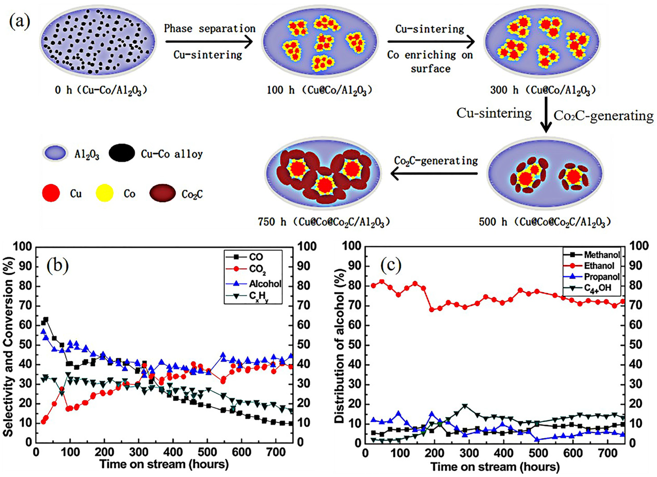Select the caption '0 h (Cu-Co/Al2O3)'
(101, 90)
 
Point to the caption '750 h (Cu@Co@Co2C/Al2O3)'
(324, 222)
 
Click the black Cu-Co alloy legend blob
(122, 153)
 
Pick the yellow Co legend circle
(104, 193)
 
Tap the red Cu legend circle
(51, 193)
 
